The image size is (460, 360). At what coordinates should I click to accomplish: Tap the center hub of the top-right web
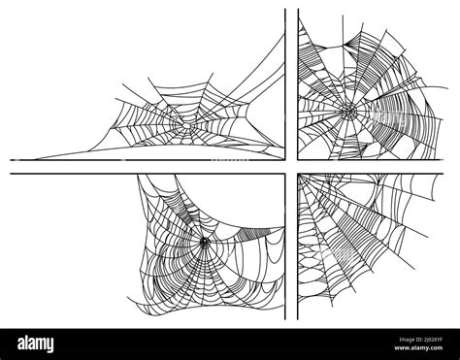343,112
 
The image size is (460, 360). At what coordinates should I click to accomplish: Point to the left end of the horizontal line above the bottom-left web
11,175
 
